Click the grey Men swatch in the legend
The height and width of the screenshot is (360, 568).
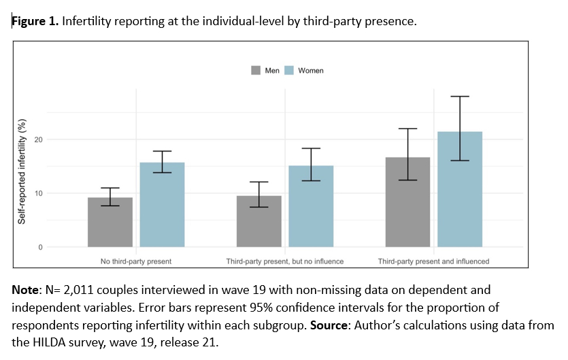pos(256,70)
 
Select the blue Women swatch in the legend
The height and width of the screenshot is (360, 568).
pos(288,70)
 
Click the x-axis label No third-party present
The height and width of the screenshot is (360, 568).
pos(136,261)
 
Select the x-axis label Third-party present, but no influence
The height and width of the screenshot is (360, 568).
pos(285,261)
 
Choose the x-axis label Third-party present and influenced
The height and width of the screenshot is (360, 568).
pos(433,261)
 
